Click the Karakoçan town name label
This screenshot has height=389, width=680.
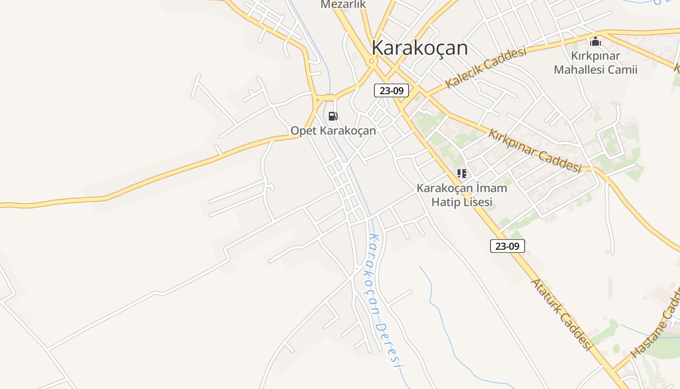click(x=420, y=48)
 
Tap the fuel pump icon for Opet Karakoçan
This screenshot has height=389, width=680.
click(x=333, y=116)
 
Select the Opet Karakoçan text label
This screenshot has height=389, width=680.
click(x=333, y=130)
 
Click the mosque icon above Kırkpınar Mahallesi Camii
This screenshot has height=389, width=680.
click(x=595, y=41)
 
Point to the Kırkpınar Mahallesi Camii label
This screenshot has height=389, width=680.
click(x=595, y=62)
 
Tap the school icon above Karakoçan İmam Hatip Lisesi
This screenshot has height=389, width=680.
click(x=462, y=173)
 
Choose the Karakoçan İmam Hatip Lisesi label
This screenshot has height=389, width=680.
click(x=462, y=194)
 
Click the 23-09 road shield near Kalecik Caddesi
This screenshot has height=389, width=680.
click(x=391, y=90)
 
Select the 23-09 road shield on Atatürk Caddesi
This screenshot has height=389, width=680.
click(x=507, y=246)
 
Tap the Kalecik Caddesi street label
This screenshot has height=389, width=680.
click(x=486, y=68)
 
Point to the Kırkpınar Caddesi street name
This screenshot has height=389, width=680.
click(x=535, y=150)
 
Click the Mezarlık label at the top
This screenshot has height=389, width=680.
click(x=343, y=4)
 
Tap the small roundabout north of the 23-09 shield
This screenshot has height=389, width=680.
click(x=372, y=61)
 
